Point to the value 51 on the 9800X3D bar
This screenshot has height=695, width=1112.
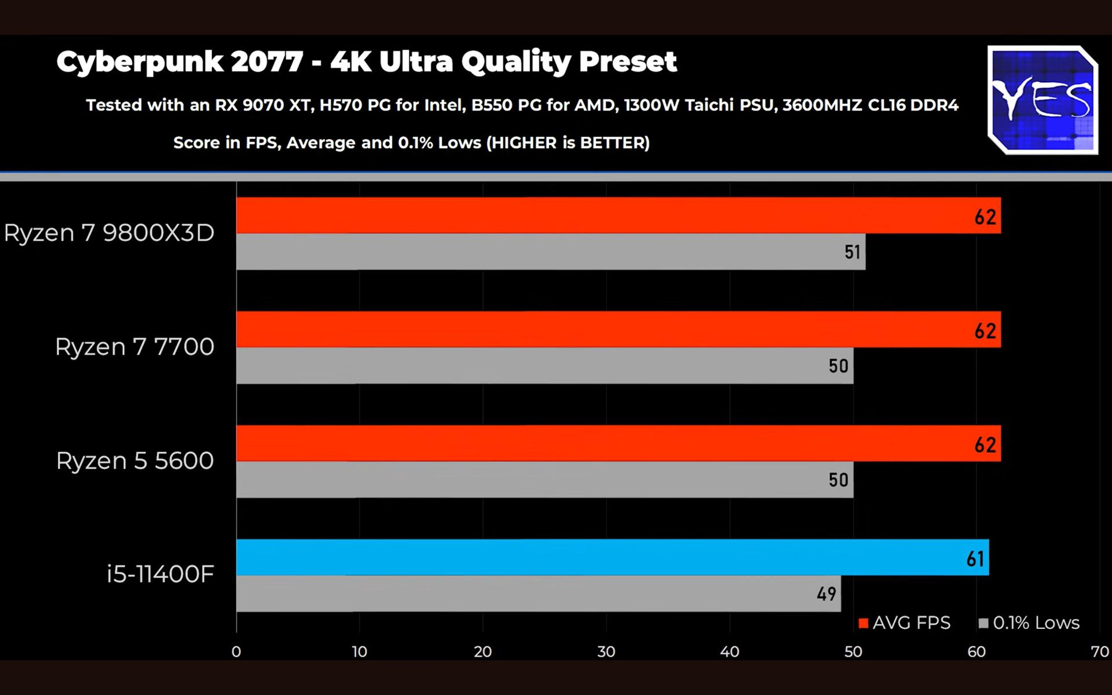click(x=852, y=252)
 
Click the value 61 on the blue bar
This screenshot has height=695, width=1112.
click(x=975, y=559)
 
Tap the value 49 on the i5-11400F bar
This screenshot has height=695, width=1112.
click(x=826, y=594)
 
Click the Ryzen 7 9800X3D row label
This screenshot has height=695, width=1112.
click(x=109, y=233)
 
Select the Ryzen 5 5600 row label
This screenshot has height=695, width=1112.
click(x=135, y=461)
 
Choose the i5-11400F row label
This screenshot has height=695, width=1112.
click(x=160, y=575)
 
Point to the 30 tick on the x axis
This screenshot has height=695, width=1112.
click(x=606, y=652)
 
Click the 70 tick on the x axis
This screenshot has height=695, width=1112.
click(x=1099, y=652)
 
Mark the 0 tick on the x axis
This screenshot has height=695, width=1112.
click(x=236, y=652)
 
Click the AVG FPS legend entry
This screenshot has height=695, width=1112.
click(x=905, y=623)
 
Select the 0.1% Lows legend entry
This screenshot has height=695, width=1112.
click(x=1029, y=623)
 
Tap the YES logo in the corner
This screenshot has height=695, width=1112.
click(x=1042, y=100)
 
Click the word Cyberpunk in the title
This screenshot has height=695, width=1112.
click(x=140, y=62)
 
